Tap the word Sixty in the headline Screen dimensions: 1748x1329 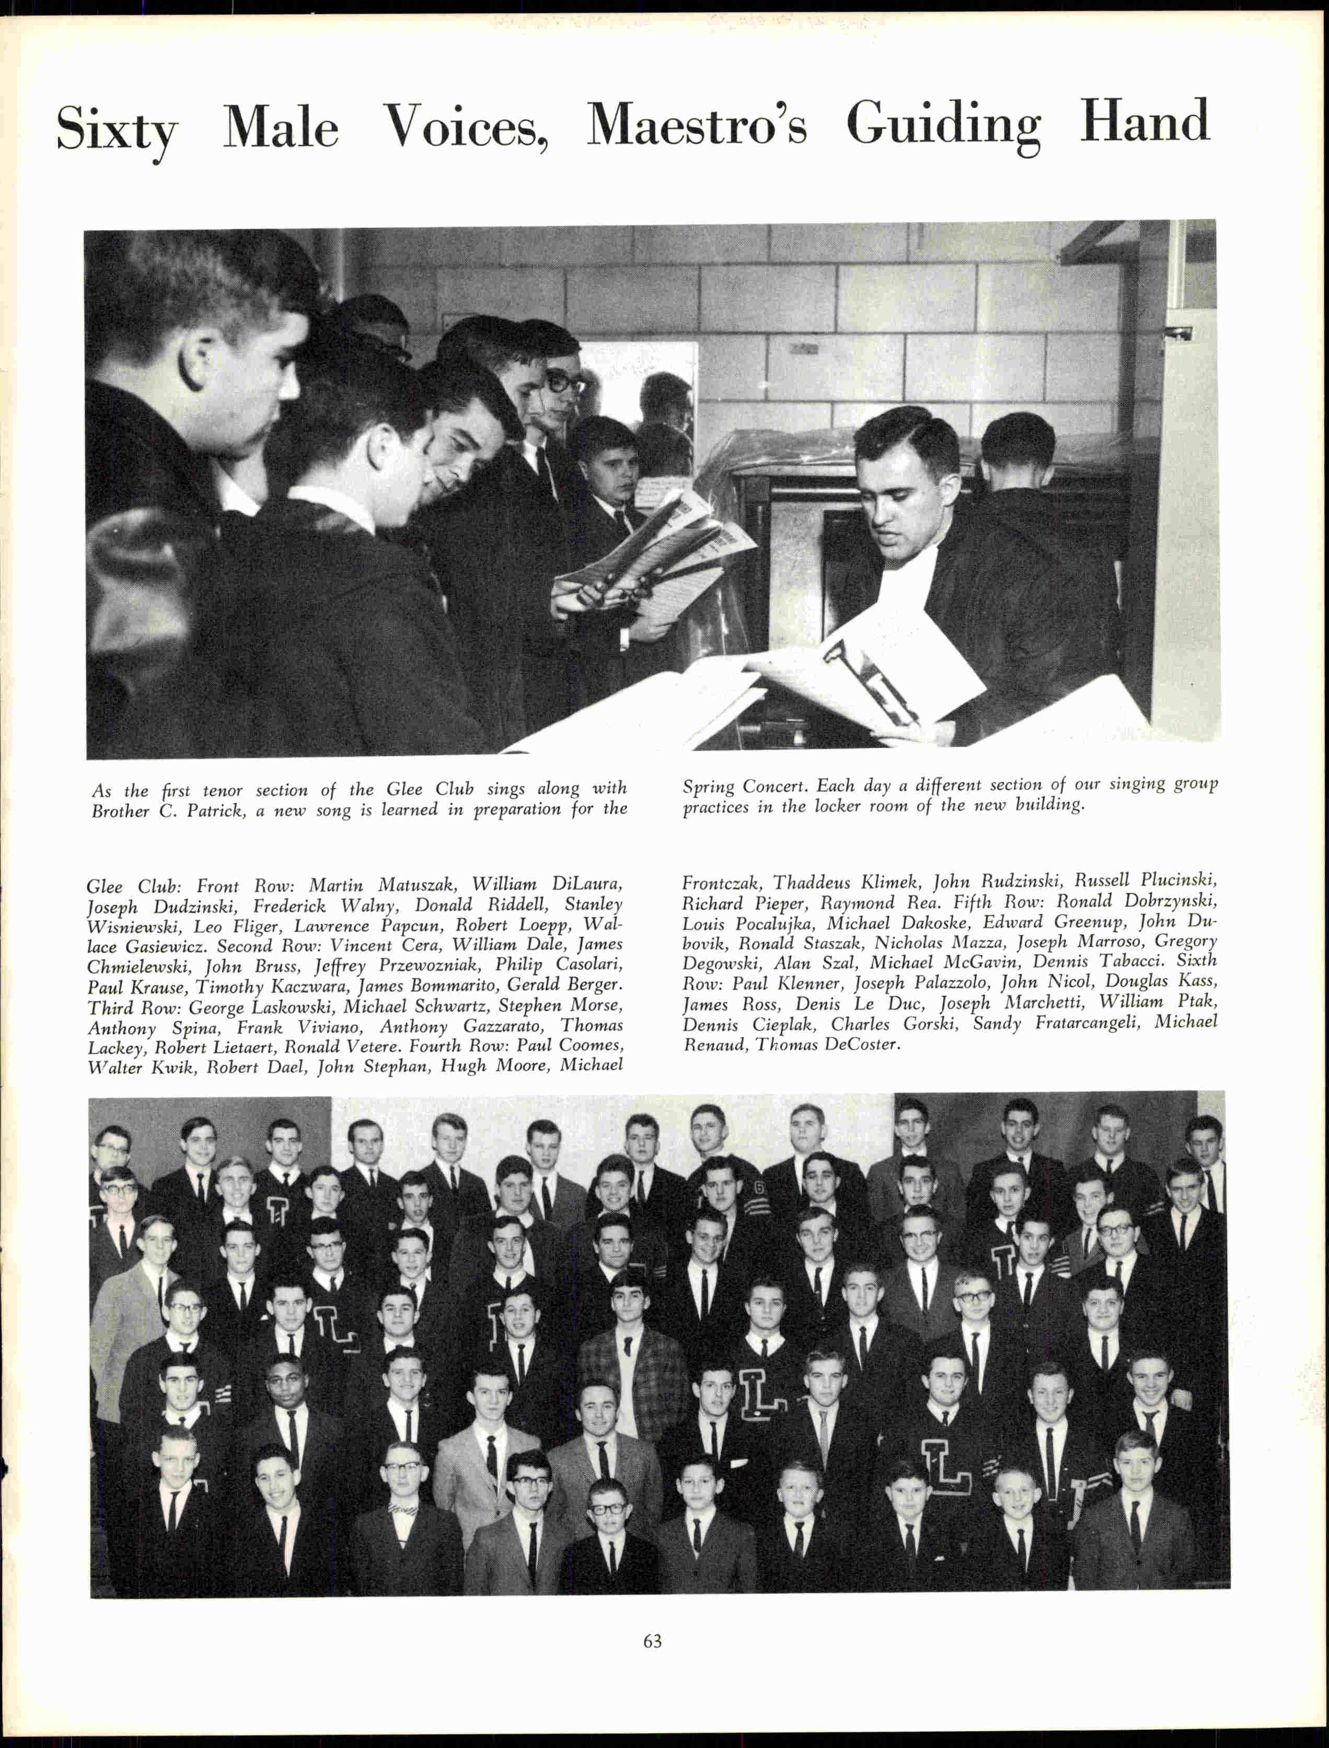(x=117, y=128)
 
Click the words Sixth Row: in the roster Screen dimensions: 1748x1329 (x=1196, y=961)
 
